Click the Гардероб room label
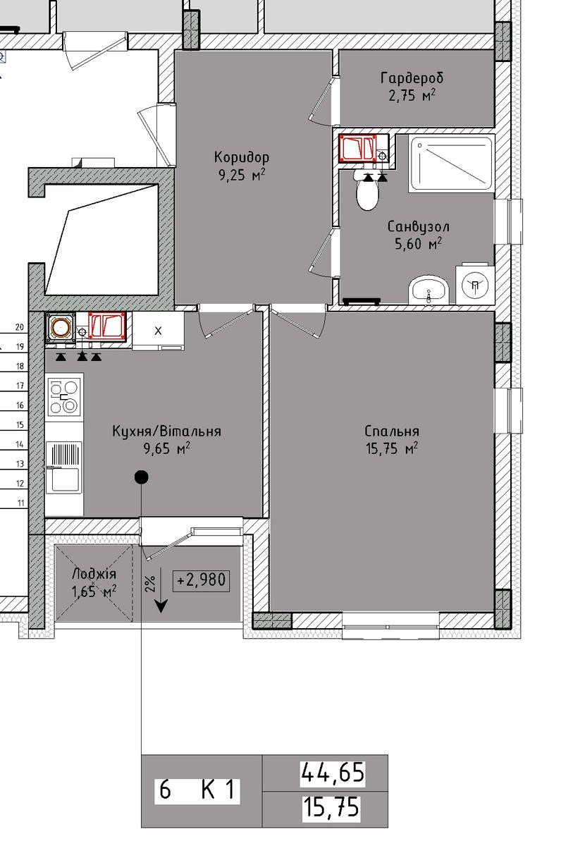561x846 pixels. pos(412,78)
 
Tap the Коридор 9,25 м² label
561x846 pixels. pos(242,166)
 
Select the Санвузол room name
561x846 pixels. pos(419,226)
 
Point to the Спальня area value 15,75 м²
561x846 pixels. pos(392,448)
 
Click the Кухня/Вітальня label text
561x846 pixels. pos(166,431)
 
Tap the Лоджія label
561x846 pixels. pos(94,575)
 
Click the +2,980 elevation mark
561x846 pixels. pos(201,580)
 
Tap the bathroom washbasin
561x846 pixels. pos(429,290)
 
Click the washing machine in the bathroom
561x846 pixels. pos(475,284)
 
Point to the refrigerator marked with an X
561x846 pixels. pos(158,331)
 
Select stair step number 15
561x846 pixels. pos(20,424)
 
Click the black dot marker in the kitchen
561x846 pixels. pos(142,477)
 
